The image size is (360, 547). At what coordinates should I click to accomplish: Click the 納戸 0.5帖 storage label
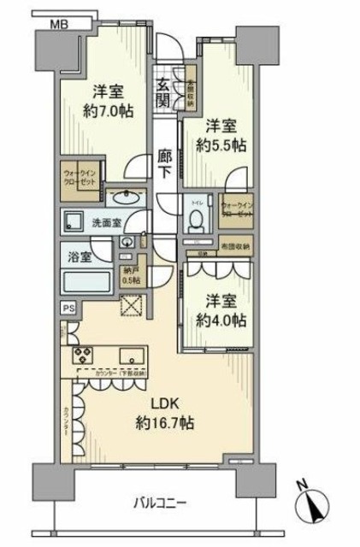pos(133,273)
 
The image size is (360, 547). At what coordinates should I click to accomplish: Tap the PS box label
pos(67,309)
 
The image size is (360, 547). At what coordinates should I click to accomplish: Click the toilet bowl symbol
pos(195,218)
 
